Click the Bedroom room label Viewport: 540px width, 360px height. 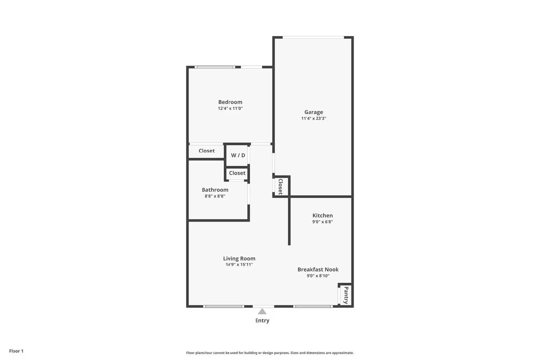coord(230,102)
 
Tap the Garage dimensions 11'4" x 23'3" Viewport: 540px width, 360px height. coord(314,118)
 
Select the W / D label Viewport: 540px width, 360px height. coord(238,155)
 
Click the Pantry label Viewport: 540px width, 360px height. coord(346,295)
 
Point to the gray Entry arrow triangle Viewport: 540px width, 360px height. coord(262,311)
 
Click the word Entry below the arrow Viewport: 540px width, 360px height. coord(262,321)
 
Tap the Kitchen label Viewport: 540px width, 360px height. coord(322,215)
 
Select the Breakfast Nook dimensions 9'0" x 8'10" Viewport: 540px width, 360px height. coord(318,276)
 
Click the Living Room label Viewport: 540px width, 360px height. coord(239,258)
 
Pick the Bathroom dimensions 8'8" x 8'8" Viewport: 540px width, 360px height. coord(215,196)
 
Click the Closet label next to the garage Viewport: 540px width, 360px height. coord(280,187)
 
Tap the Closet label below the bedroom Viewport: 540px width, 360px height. coord(207,151)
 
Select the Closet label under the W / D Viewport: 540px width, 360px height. coord(237,173)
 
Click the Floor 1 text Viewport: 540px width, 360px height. coord(16,351)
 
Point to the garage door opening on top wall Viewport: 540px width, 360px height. coord(313,37)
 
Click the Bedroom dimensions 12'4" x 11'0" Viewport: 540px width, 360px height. coord(230,109)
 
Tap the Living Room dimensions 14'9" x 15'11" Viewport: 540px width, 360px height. coord(239,265)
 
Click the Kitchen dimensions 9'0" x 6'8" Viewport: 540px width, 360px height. coord(322,222)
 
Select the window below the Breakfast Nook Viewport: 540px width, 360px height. coord(313,306)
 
